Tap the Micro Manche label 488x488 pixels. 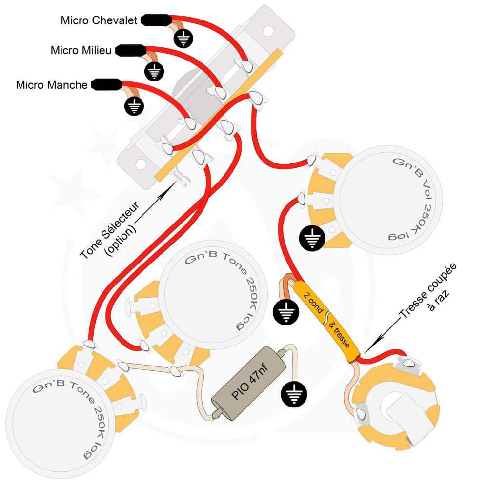pyautogui.click(x=52, y=85)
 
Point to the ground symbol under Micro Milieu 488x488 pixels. pyautogui.click(x=154, y=72)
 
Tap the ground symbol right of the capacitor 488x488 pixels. pyautogui.click(x=292, y=394)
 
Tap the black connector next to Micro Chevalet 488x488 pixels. pyautogui.click(x=156, y=20)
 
